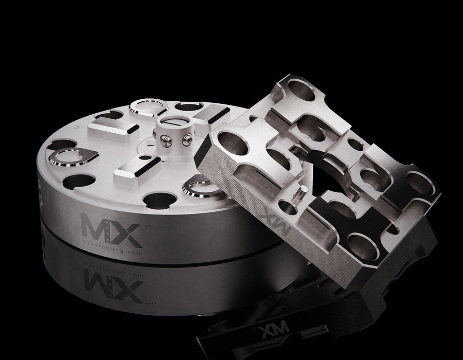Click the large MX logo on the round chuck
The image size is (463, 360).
112,229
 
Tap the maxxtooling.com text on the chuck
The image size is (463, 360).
113,249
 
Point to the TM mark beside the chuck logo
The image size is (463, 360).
149,227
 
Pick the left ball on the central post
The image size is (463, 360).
166,141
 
